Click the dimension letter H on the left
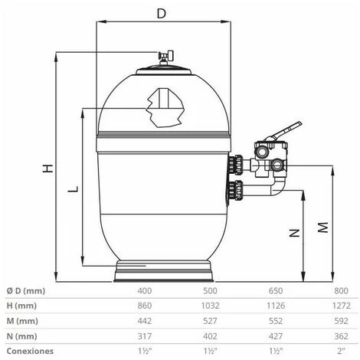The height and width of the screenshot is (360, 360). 47,169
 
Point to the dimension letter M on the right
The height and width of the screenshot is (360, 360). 323,227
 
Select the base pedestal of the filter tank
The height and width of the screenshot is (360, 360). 162,271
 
